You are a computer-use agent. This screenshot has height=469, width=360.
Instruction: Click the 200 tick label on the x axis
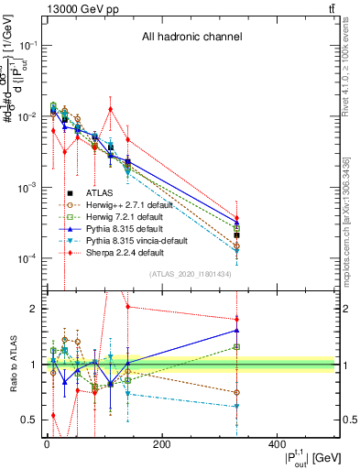[161, 446]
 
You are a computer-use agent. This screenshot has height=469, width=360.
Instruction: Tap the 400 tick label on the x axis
[278, 446]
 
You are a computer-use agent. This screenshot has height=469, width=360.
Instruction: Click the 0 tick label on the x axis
[46, 446]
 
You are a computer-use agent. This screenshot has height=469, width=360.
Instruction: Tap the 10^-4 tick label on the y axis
[27, 258]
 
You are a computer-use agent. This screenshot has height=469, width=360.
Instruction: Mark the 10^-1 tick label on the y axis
[27, 45]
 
